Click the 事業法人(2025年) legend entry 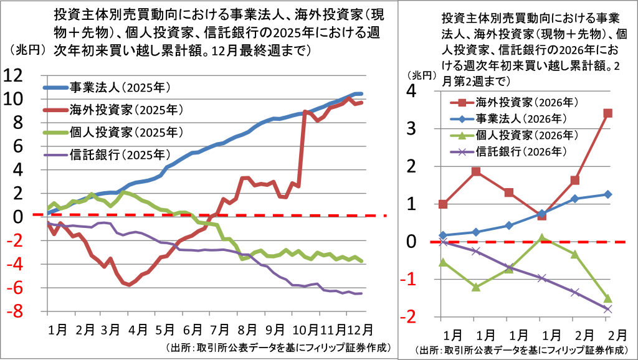[107, 87]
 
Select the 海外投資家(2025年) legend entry [113, 110]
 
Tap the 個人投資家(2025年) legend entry [113, 132]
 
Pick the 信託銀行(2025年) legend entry [107, 154]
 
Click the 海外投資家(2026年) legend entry [514, 102]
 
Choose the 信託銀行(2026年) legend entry [508, 151]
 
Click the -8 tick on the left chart [14, 312]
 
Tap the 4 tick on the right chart [412, 91]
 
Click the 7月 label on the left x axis [220, 329]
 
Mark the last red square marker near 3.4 [608, 113]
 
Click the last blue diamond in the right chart [608, 194]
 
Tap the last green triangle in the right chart [608, 298]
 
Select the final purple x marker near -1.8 [608, 310]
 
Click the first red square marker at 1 [443, 204]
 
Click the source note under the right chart [523, 350]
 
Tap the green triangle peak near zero [541, 239]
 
